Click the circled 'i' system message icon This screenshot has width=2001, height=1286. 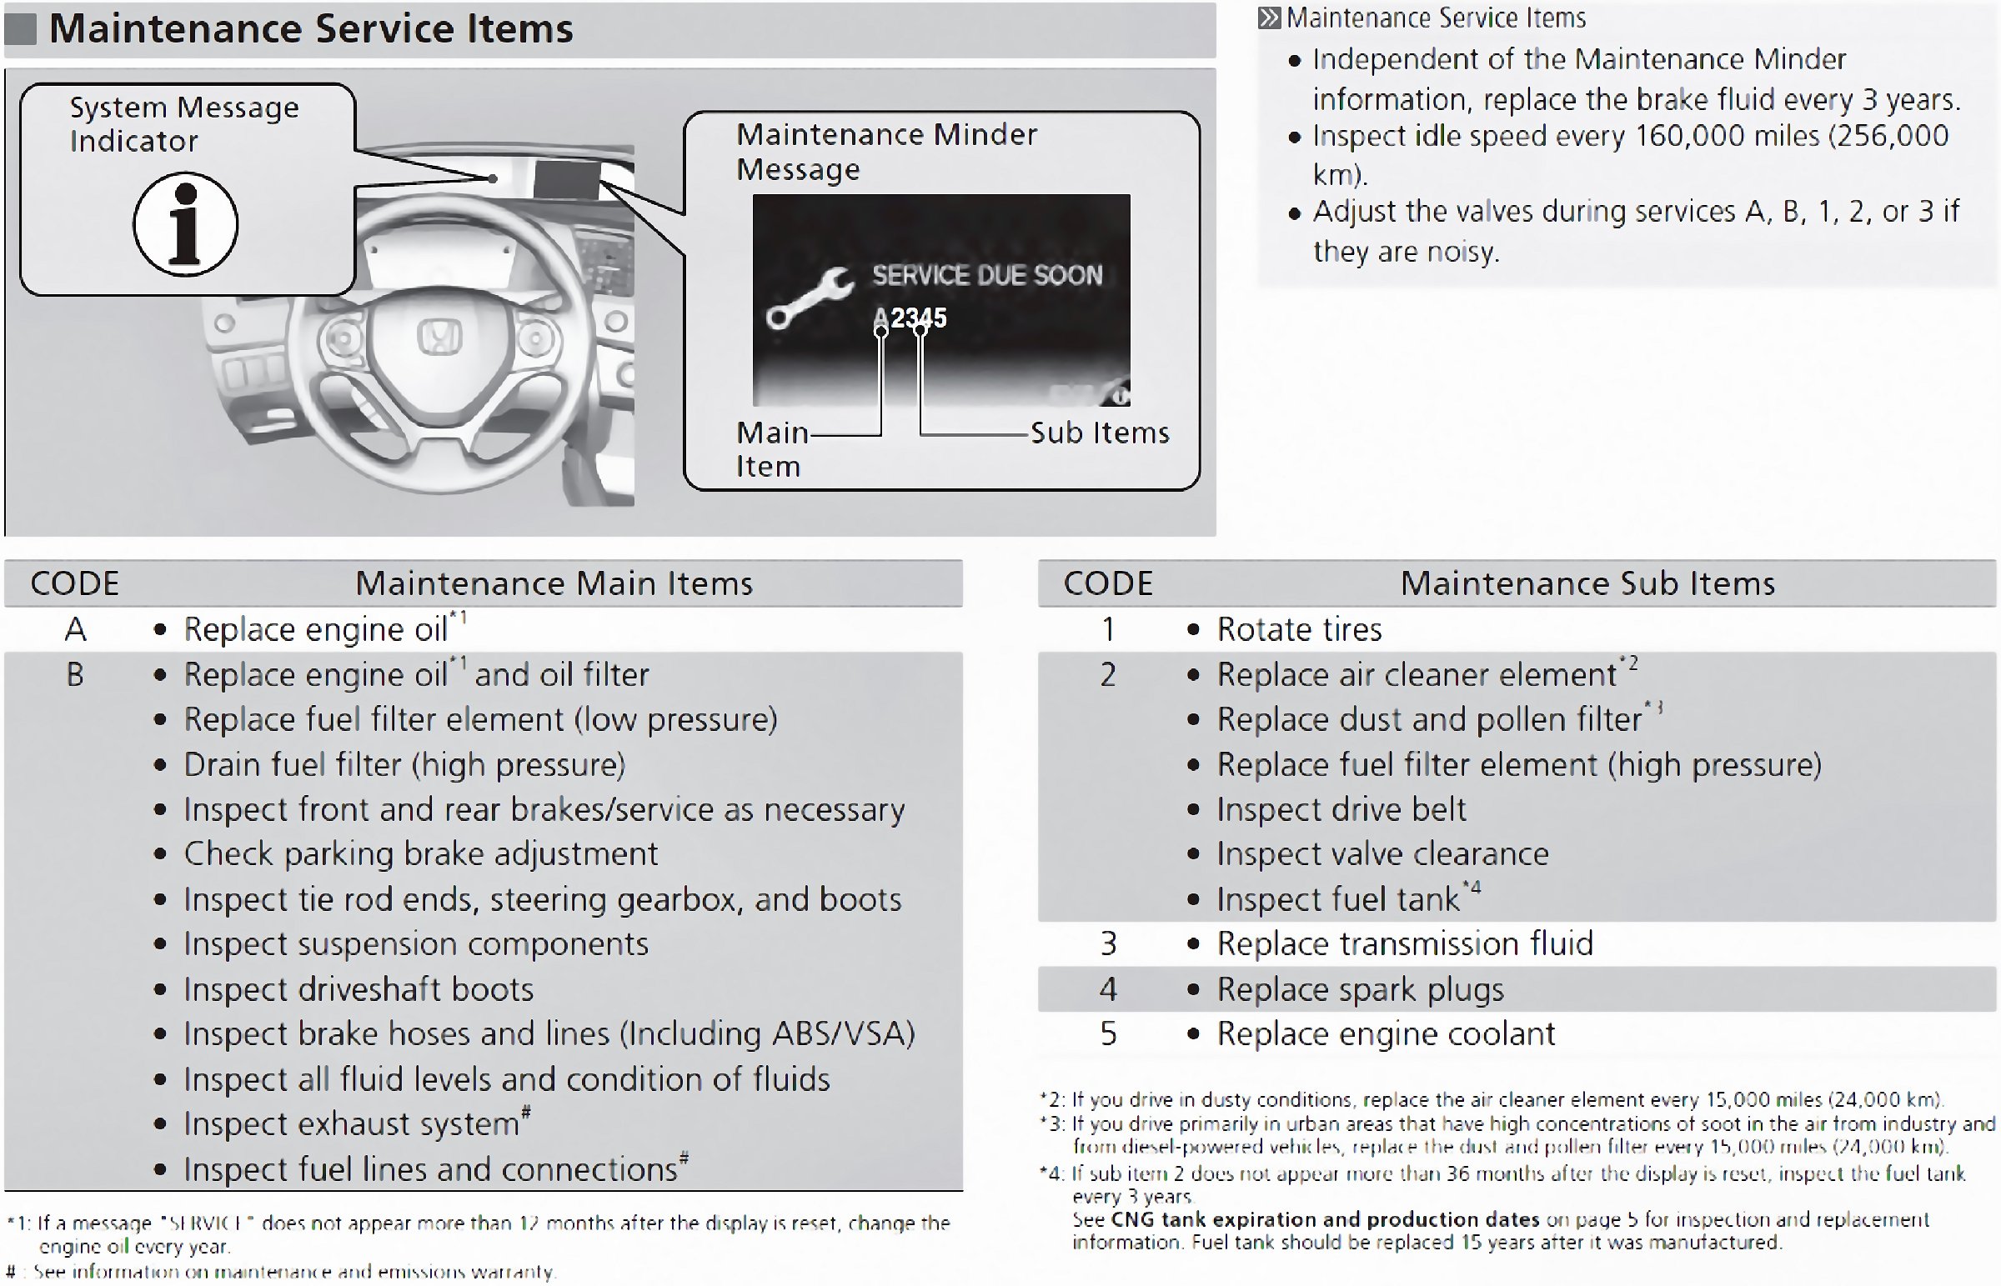tap(185, 224)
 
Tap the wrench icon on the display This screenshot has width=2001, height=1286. tap(809, 298)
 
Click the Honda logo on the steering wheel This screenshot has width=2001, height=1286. tap(439, 338)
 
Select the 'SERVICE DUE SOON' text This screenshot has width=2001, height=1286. tap(986, 275)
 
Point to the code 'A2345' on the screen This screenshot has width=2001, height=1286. tap(910, 318)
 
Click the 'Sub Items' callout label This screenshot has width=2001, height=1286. tap(1099, 433)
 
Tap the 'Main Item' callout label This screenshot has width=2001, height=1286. tap(770, 449)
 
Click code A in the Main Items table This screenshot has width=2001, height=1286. tap(75, 628)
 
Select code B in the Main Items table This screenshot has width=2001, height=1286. tap(75, 674)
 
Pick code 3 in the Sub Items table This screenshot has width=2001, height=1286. tap(1107, 943)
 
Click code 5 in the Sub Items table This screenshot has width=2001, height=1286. tap(1107, 1033)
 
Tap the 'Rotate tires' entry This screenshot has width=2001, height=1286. tap(1299, 628)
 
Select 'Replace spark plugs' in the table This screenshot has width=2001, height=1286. tap(1360, 988)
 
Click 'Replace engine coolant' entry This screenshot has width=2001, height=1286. tap(1386, 1033)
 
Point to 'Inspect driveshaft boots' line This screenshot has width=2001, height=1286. tap(359, 988)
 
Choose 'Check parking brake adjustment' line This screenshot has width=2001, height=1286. tap(421, 853)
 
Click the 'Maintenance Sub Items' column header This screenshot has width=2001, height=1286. tap(1587, 583)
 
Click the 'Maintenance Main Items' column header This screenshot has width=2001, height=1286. tap(554, 583)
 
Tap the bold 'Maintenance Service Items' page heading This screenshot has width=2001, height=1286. tap(311, 28)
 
